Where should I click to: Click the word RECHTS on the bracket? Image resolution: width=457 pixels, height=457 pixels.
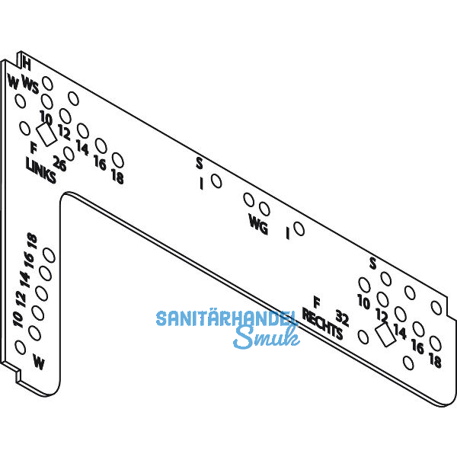click(x=322, y=324)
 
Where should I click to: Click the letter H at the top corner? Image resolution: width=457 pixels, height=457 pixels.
click(x=27, y=65)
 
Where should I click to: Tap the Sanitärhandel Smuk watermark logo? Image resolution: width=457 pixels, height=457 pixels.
click(x=225, y=327)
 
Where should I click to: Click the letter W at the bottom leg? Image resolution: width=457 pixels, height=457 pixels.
click(x=39, y=363)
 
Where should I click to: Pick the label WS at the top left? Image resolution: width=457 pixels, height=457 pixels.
click(x=30, y=86)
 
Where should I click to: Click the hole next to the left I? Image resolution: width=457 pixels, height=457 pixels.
click(x=217, y=181)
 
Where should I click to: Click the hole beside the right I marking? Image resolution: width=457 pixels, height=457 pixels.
click(x=299, y=228)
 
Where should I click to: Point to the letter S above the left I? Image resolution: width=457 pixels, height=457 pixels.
click(x=199, y=162)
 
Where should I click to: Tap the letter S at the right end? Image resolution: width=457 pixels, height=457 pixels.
click(x=372, y=264)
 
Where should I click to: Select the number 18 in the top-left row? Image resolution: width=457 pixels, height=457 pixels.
click(x=117, y=177)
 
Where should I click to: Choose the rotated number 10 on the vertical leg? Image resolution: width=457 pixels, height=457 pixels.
click(x=18, y=317)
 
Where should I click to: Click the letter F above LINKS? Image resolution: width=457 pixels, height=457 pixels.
click(x=33, y=147)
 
